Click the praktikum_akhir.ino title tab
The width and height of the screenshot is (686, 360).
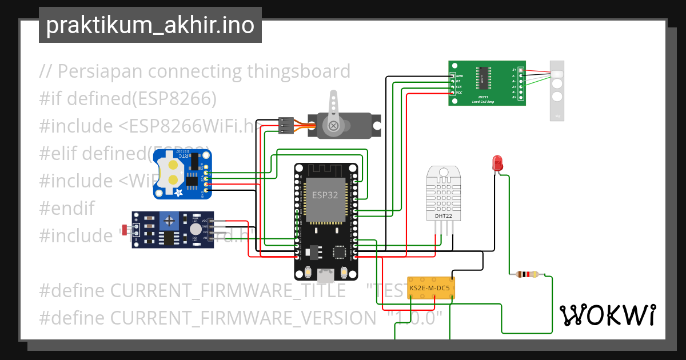point(150,26)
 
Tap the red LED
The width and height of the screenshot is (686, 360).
point(497,162)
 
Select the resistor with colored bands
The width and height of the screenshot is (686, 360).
point(527,275)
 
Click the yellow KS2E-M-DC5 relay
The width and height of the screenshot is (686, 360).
point(431,288)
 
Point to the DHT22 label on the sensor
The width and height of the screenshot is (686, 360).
point(443,216)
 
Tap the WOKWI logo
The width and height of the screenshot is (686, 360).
point(607,315)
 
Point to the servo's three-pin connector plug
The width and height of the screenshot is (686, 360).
point(286,125)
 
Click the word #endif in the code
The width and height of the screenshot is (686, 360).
point(67,207)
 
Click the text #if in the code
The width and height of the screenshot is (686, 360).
point(50,99)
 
